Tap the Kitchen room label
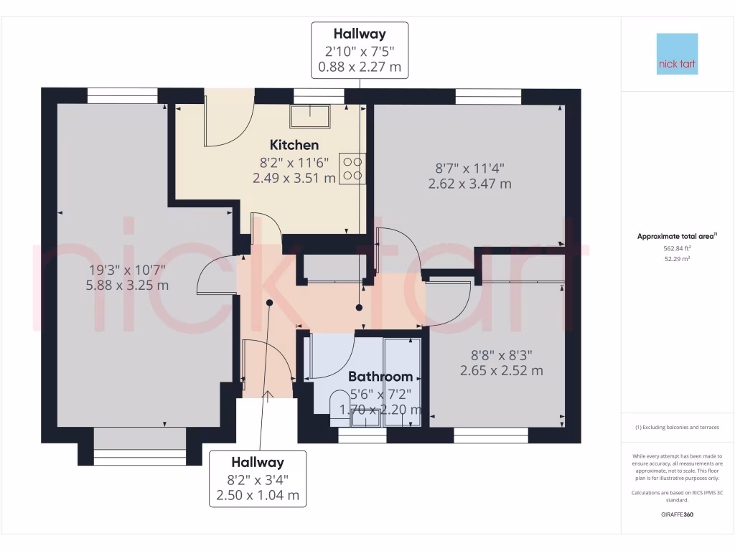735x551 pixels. click(294, 146)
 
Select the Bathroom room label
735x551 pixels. click(380, 377)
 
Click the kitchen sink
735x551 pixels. click(310, 115)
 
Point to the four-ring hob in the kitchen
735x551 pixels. click(352, 169)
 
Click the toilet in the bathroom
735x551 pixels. click(340, 405)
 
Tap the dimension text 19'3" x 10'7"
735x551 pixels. click(127, 270)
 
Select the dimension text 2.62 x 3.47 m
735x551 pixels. click(469, 184)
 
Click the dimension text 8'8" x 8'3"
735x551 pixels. click(501, 354)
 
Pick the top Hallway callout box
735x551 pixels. click(360, 50)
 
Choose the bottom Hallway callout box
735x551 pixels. click(257, 479)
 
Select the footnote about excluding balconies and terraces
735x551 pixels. click(677, 428)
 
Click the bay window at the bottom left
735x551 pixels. click(140, 456)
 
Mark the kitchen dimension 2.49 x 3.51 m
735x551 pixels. click(294, 178)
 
